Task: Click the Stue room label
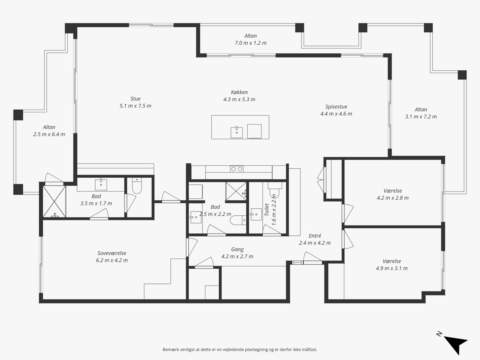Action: click(x=135, y=99)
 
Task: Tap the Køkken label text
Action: click(x=239, y=92)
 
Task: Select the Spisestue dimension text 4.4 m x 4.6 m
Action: click(x=336, y=114)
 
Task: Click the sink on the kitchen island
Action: click(x=237, y=132)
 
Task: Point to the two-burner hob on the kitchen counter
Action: click(x=237, y=169)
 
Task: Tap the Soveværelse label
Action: click(x=112, y=253)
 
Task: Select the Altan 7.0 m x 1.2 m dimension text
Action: click(x=251, y=43)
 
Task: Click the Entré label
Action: click(x=315, y=236)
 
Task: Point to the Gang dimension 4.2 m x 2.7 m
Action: click(x=237, y=256)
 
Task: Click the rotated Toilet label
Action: click(x=266, y=210)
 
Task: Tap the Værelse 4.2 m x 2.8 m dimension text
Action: click(x=392, y=198)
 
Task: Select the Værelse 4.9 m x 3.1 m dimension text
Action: click(x=392, y=268)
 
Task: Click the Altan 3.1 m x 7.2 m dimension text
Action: click(x=421, y=116)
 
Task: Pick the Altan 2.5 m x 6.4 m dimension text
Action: click(x=49, y=134)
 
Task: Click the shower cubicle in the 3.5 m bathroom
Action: click(x=54, y=202)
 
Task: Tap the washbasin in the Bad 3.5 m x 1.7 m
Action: click(x=101, y=185)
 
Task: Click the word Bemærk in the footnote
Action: click(x=170, y=350)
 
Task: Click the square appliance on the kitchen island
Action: click(x=254, y=131)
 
